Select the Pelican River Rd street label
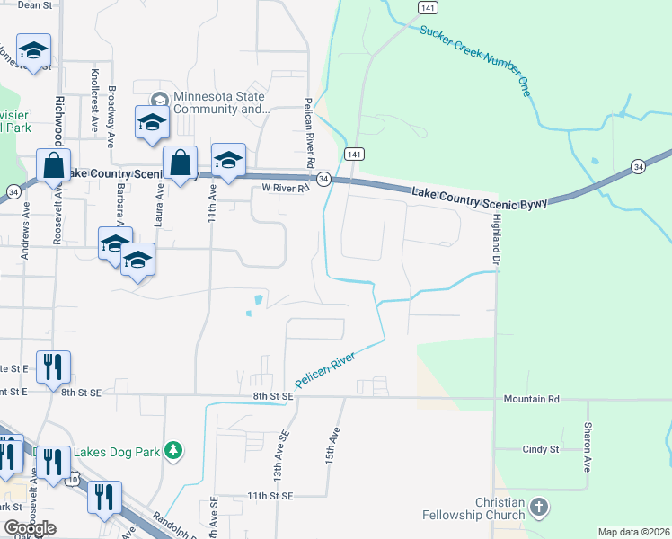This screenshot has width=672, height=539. point(308,136)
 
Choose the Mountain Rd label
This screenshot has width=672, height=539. point(531,398)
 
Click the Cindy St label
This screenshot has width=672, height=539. point(541,448)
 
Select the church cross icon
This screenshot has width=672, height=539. point(538,508)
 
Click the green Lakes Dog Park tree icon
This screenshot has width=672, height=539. point(179,449)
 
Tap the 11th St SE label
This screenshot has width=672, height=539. point(270,496)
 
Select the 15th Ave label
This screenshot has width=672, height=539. point(332,446)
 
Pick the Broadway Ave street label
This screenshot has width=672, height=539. point(111,116)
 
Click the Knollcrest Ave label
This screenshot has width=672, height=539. point(94,101)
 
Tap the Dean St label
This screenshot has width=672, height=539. point(35,5)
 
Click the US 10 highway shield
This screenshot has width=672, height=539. point(71,480)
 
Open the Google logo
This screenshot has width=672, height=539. point(30,528)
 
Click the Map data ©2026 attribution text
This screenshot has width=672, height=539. point(634,532)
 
